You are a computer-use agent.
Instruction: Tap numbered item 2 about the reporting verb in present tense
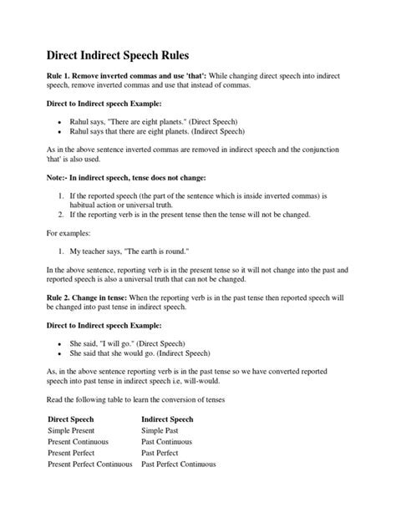pyautogui.click(x=190, y=215)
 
